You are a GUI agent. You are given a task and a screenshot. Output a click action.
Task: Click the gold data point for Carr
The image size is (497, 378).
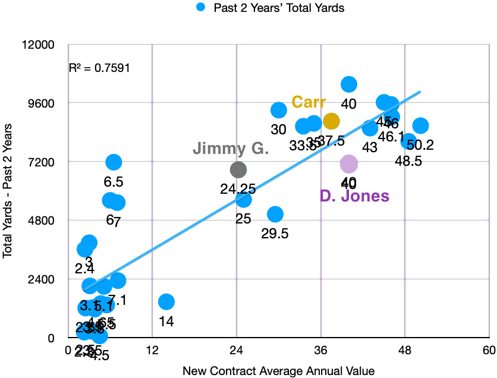(x=331, y=121)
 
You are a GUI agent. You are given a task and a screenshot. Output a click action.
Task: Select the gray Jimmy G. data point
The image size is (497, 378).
(x=238, y=170)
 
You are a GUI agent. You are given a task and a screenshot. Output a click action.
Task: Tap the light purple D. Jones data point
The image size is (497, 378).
(x=349, y=163)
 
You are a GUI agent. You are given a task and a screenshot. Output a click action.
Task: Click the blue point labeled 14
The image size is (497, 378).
(x=166, y=302)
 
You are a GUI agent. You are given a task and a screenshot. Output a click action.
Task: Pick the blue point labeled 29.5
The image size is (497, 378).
(x=275, y=214)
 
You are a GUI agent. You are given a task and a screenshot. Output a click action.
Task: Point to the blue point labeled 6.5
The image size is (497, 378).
(x=114, y=162)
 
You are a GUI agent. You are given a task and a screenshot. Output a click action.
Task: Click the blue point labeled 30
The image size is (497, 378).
(x=279, y=110)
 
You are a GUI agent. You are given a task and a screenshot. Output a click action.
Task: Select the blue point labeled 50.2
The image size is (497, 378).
(x=421, y=125)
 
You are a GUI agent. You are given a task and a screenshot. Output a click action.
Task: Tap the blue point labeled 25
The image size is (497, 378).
(x=243, y=199)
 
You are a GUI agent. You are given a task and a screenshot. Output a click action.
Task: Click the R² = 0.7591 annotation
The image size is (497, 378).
(x=99, y=68)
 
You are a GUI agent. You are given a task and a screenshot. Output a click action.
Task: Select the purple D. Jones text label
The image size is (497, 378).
(x=354, y=196)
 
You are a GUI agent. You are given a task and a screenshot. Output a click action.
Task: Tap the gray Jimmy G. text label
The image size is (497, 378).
(x=231, y=149)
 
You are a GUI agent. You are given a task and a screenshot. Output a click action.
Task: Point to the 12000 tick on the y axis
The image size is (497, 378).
(x=37, y=45)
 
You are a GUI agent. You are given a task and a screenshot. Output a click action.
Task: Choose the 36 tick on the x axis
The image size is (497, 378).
(x=321, y=349)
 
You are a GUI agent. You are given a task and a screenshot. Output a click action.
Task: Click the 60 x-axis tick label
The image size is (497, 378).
(x=489, y=349)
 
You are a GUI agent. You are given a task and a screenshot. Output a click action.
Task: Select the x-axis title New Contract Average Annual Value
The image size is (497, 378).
(x=278, y=371)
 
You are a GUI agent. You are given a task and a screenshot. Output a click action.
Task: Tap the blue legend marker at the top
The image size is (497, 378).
(x=202, y=8)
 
